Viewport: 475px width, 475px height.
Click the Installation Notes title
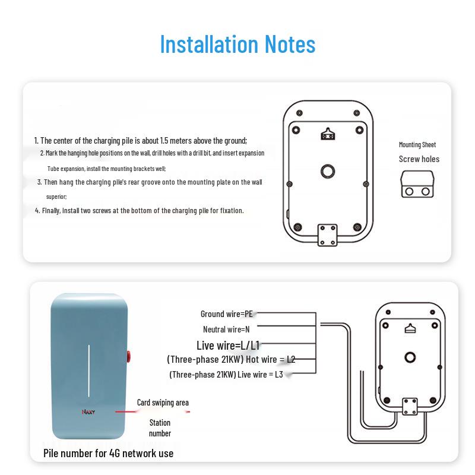coord(237,45)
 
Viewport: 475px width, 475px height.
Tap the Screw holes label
coord(419,159)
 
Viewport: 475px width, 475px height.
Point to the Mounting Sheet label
coord(417,145)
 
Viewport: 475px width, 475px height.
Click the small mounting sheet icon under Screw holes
coord(419,185)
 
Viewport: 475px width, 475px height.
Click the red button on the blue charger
coord(129,356)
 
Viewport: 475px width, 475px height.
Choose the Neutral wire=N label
coord(226,329)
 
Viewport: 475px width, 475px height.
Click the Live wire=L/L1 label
coord(228,345)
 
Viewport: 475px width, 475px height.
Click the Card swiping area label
coord(163,403)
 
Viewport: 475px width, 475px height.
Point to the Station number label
coord(160,428)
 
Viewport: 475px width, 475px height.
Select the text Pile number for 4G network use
coord(109,453)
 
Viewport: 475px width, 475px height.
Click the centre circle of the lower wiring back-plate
coord(409,356)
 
